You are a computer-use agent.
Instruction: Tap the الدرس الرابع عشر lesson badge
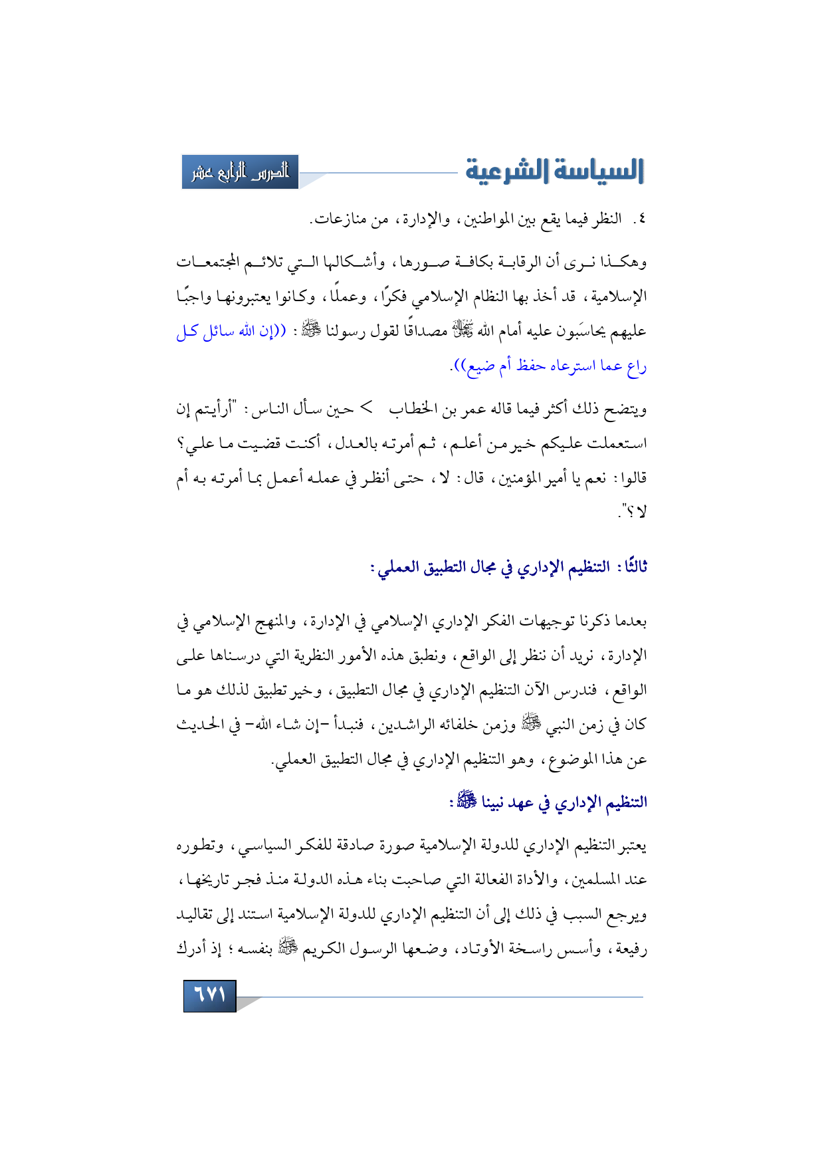[241, 172]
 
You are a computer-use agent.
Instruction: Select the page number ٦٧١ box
[209, 994]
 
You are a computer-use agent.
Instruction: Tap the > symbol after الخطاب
[366, 408]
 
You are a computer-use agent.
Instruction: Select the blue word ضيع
[482, 366]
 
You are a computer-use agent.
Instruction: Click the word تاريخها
[203, 879]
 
